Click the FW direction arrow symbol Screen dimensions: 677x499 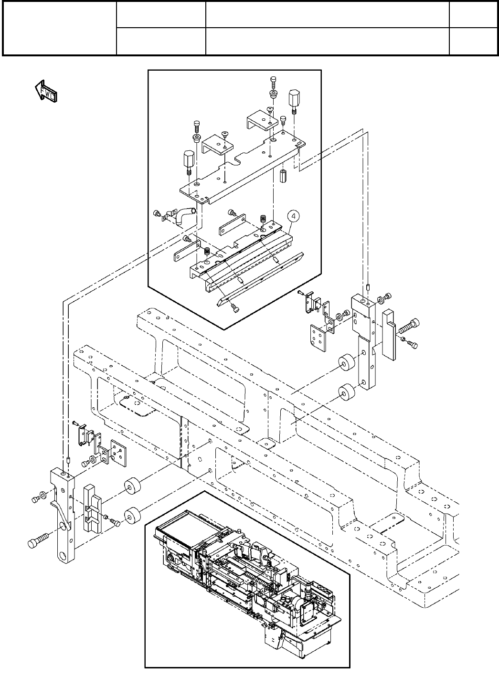[x=46, y=91]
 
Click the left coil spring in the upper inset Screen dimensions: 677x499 [x=207, y=252]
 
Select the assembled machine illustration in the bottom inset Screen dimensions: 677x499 [x=247, y=578]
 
